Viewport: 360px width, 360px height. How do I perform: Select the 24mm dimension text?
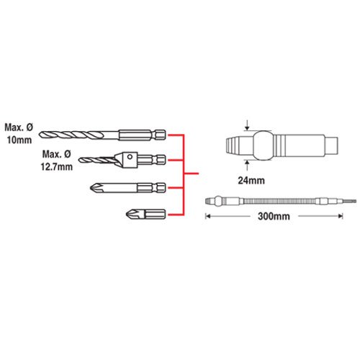pyautogui.click(x=251, y=181)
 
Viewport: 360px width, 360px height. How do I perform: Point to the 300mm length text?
pyautogui.click(x=274, y=217)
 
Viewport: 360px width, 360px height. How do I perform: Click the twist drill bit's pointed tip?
pyautogui.click(x=40, y=135)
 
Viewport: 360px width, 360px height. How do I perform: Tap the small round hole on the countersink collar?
pyautogui.click(x=130, y=157)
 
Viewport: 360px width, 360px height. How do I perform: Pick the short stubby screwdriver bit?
pyautogui.click(x=145, y=214)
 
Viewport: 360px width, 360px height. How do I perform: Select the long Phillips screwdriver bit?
pyautogui.click(x=127, y=187)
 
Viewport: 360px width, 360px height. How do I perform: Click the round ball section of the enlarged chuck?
pyautogui.click(x=264, y=145)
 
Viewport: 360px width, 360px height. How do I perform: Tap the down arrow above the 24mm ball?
pyautogui.click(x=247, y=126)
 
